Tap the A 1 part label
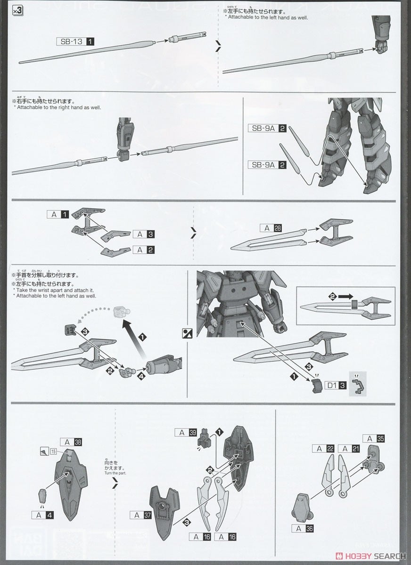(x=58, y=214)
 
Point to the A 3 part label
(x=144, y=234)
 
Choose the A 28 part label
(x=271, y=228)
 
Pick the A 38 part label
(x=72, y=442)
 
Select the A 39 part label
(x=186, y=432)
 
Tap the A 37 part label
(x=143, y=515)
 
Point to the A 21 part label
(x=348, y=449)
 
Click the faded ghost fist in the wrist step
(x=120, y=311)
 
